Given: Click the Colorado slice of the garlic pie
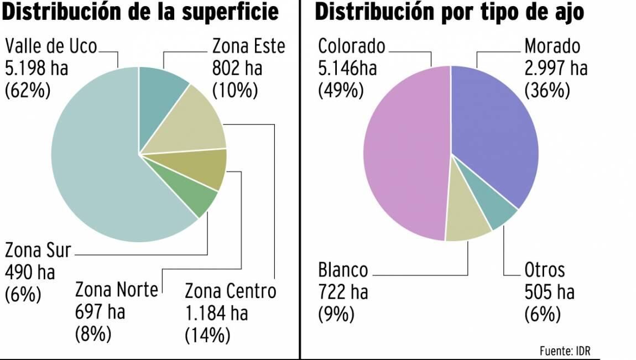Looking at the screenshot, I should [x=404, y=155].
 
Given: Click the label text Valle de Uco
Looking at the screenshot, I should [x=51, y=46].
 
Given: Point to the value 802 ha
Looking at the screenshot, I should [x=237, y=68].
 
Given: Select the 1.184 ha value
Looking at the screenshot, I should [x=216, y=314].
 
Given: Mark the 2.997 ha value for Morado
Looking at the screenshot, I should [x=556, y=68].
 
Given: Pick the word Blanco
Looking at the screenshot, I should [x=343, y=270].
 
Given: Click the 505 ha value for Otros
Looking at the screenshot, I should [x=549, y=292].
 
